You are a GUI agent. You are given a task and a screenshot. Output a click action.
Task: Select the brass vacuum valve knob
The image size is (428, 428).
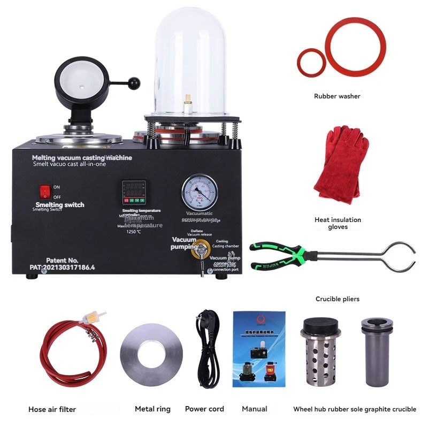click(202, 248)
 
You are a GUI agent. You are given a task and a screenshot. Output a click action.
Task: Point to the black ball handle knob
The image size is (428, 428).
click(134, 83)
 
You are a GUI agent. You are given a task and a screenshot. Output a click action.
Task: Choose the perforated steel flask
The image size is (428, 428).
click(317, 354)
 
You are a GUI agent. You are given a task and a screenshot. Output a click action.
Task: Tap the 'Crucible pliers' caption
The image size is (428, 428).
click(337, 299)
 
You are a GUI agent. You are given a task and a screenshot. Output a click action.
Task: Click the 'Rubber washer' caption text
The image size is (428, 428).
click(337, 96)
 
